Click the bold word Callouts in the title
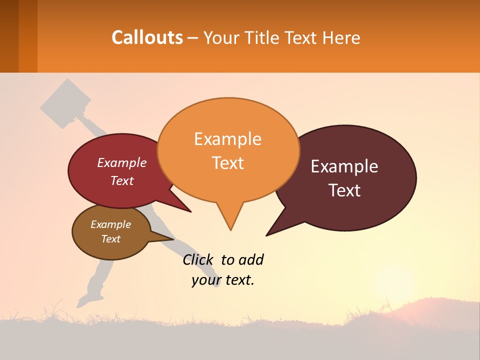click(147, 37)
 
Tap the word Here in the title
click(341, 37)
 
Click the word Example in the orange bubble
click(227, 139)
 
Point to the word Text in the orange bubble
click(227, 163)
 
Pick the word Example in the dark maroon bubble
click(344, 166)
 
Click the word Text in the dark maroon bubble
click(344, 190)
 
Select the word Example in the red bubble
click(122, 163)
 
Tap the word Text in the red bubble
click(122, 180)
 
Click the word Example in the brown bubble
click(110, 224)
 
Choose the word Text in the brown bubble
click(110, 239)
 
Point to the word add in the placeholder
click(251, 260)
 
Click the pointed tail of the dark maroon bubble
click(268, 234)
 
